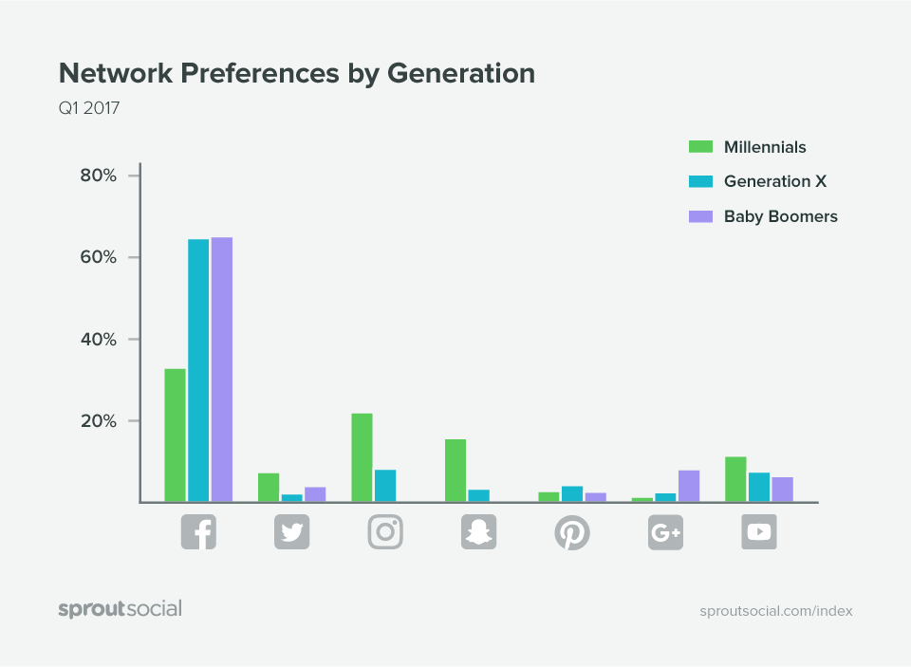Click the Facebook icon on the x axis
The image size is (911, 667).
click(x=198, y=531)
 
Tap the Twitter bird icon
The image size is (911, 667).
click(x=291, y=531)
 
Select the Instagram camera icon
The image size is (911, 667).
click(x=385, y=531)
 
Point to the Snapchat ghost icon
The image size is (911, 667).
click(x=478, y=531)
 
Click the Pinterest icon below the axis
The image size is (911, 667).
click(x=572, y=531)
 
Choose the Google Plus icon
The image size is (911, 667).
click(x=665, y=531)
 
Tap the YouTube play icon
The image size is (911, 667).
click(x=759, y=531)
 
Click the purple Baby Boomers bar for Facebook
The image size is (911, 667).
click(x=222, y=369)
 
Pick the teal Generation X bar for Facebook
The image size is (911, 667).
click(x=198, y=370)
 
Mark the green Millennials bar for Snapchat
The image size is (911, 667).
click(x=455, y=471)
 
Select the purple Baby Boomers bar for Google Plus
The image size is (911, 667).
click(x=689, y=486)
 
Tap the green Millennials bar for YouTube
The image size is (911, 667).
click(x=735, y=479)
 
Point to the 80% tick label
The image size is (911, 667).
click(x=97, y=176)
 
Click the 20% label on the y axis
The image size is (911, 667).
click(x=97, y=420)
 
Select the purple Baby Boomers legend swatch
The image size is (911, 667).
click(x=700, y=216)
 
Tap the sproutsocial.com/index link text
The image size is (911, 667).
click(x=775, y=611)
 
